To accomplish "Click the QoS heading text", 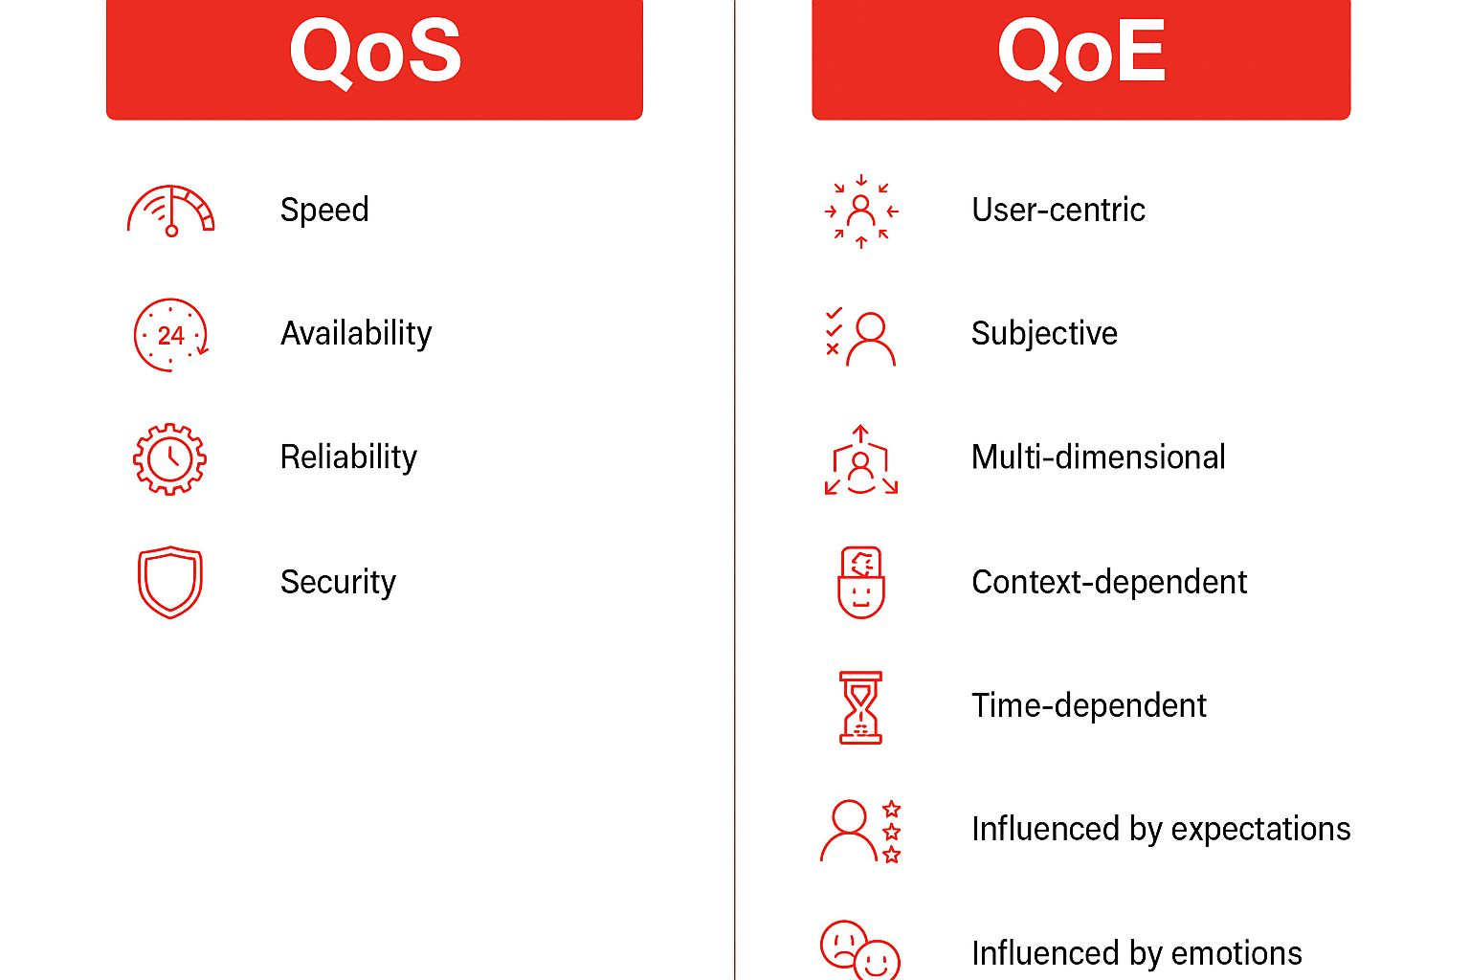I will point(375,52).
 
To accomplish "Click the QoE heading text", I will point(1081,52).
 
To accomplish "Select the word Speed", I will point(324,210).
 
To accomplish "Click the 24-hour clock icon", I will point(170,335).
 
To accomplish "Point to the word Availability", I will point(356,333).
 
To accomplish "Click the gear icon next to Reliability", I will point(170,458).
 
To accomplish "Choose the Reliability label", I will point(348,457).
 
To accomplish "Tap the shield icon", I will point(170,582).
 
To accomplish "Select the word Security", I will point(338,582).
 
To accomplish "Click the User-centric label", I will point(1058,210).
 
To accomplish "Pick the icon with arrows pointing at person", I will point(861,212).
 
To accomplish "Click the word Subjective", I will point(1044,333).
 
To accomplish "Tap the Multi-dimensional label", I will point(1098,457).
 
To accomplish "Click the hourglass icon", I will point(861,707).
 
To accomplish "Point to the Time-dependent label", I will point(1088,705).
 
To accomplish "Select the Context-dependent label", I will point(1109,582).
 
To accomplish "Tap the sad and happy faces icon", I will point(859,950).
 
